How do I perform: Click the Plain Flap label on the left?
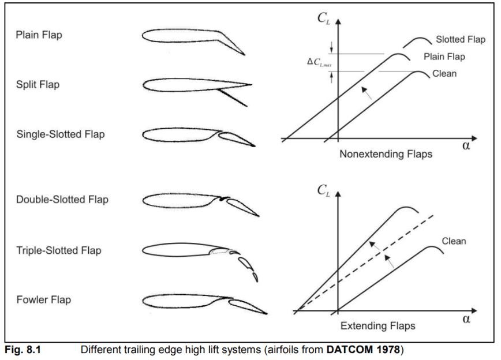point(39,35)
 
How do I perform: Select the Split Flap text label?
point(38,85)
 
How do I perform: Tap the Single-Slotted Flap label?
point(61,134)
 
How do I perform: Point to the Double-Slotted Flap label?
point(62,200)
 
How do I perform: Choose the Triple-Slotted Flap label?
point(59,250)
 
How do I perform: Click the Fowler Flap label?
point(43,300)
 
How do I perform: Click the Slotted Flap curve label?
point(460,40)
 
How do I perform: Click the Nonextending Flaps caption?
point(386,154)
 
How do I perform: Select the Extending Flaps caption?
point(377,326)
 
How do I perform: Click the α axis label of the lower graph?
point(466,320)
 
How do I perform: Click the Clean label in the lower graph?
point(454,241)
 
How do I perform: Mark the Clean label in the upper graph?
point(444,73)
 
